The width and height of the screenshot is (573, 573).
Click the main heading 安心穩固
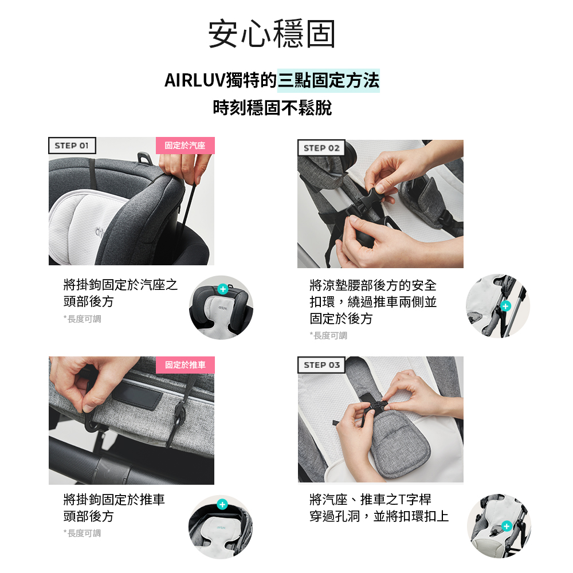[272, 34]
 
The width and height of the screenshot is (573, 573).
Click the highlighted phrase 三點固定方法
[328, 81]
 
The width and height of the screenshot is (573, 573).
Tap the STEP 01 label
[72, 146]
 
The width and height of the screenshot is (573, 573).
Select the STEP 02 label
[321, 148]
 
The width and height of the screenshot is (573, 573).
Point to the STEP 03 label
[321, 365]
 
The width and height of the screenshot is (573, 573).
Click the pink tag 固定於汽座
[185, 146]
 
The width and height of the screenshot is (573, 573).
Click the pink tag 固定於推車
[185, 365]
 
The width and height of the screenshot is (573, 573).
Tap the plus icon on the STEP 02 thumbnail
[505, 307]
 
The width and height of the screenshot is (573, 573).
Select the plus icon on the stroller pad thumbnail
[222, 505]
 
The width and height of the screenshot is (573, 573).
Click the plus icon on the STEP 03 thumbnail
[506, 526]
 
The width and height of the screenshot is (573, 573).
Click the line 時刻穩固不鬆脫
[272, 108]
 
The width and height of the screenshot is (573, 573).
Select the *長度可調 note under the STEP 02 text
[328, 335]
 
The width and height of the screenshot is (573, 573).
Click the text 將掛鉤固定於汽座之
[120, 285]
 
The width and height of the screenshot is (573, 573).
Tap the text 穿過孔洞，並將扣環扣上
[379, 516]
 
